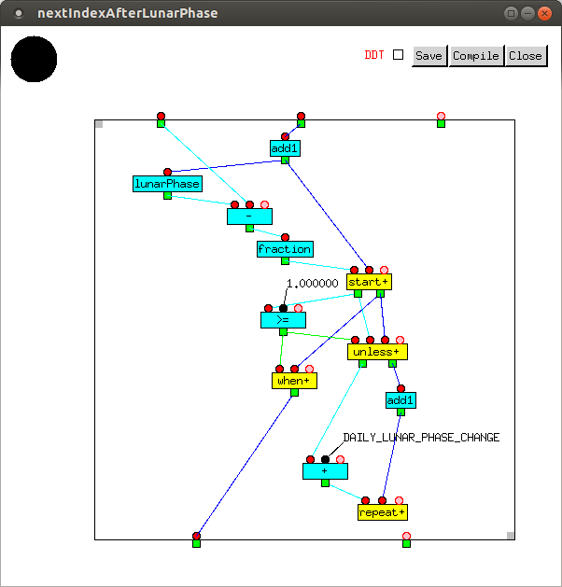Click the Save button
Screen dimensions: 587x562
pos(429,55)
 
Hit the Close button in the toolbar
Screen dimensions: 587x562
pos(525,55)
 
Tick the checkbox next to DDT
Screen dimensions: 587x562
pos(399,55)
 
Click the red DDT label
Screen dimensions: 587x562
pos(373,55)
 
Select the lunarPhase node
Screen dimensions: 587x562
pos(167,184)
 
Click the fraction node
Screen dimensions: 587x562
pos(285,249)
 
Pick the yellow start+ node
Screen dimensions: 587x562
pos(368,281)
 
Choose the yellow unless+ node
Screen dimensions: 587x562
pos(377,352)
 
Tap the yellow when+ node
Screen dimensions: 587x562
pos(294,380)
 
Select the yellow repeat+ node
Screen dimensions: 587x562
pos(382,512)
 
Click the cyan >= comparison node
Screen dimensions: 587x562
pos(283,320)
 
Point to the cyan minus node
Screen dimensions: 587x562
pos(249,217)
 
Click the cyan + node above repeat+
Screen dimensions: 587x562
pos(325,471)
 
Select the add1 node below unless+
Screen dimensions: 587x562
pos(400,400)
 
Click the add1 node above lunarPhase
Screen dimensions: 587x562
pos(285,148)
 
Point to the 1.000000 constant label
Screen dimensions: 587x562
pos(312,284)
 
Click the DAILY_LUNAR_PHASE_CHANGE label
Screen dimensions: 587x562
pos(421,438)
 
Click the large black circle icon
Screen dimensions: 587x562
pos(34,60)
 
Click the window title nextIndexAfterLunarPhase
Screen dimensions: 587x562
pos(127,13)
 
